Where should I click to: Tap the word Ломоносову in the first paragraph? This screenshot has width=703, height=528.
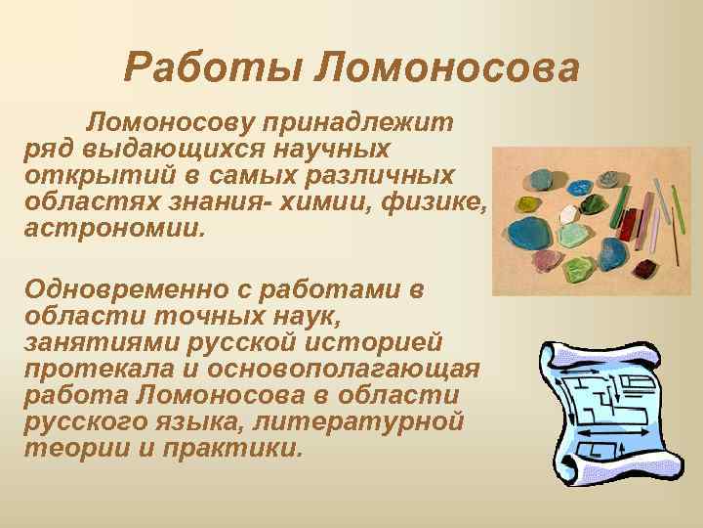(170, 123)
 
